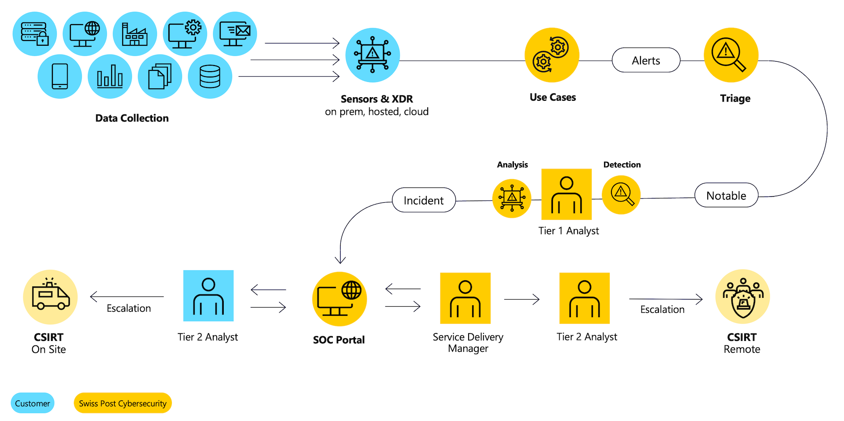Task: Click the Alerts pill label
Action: point(646,60)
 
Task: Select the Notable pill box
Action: point(726,195)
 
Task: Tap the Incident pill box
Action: point(424,200)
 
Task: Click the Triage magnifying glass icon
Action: point(731,55)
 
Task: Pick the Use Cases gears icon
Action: point(552,55)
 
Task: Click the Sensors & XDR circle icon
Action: point(372,55)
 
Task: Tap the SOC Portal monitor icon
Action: point(339,299)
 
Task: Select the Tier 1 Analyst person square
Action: point(566,194)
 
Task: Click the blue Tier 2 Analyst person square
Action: point(208,296)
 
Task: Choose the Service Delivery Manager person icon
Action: point(465,298)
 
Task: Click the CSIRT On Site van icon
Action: point(50,297)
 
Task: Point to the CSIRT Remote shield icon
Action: point(742,297)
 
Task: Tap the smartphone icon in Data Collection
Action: point(60,77)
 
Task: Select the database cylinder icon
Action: point(210,77)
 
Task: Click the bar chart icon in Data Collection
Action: point(110,77)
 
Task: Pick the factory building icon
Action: point(135,34)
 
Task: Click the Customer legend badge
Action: point(33,403)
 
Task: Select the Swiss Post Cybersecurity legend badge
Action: point(123,403)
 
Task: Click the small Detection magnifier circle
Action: point(621,195)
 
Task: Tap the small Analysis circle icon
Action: point(512,198)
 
